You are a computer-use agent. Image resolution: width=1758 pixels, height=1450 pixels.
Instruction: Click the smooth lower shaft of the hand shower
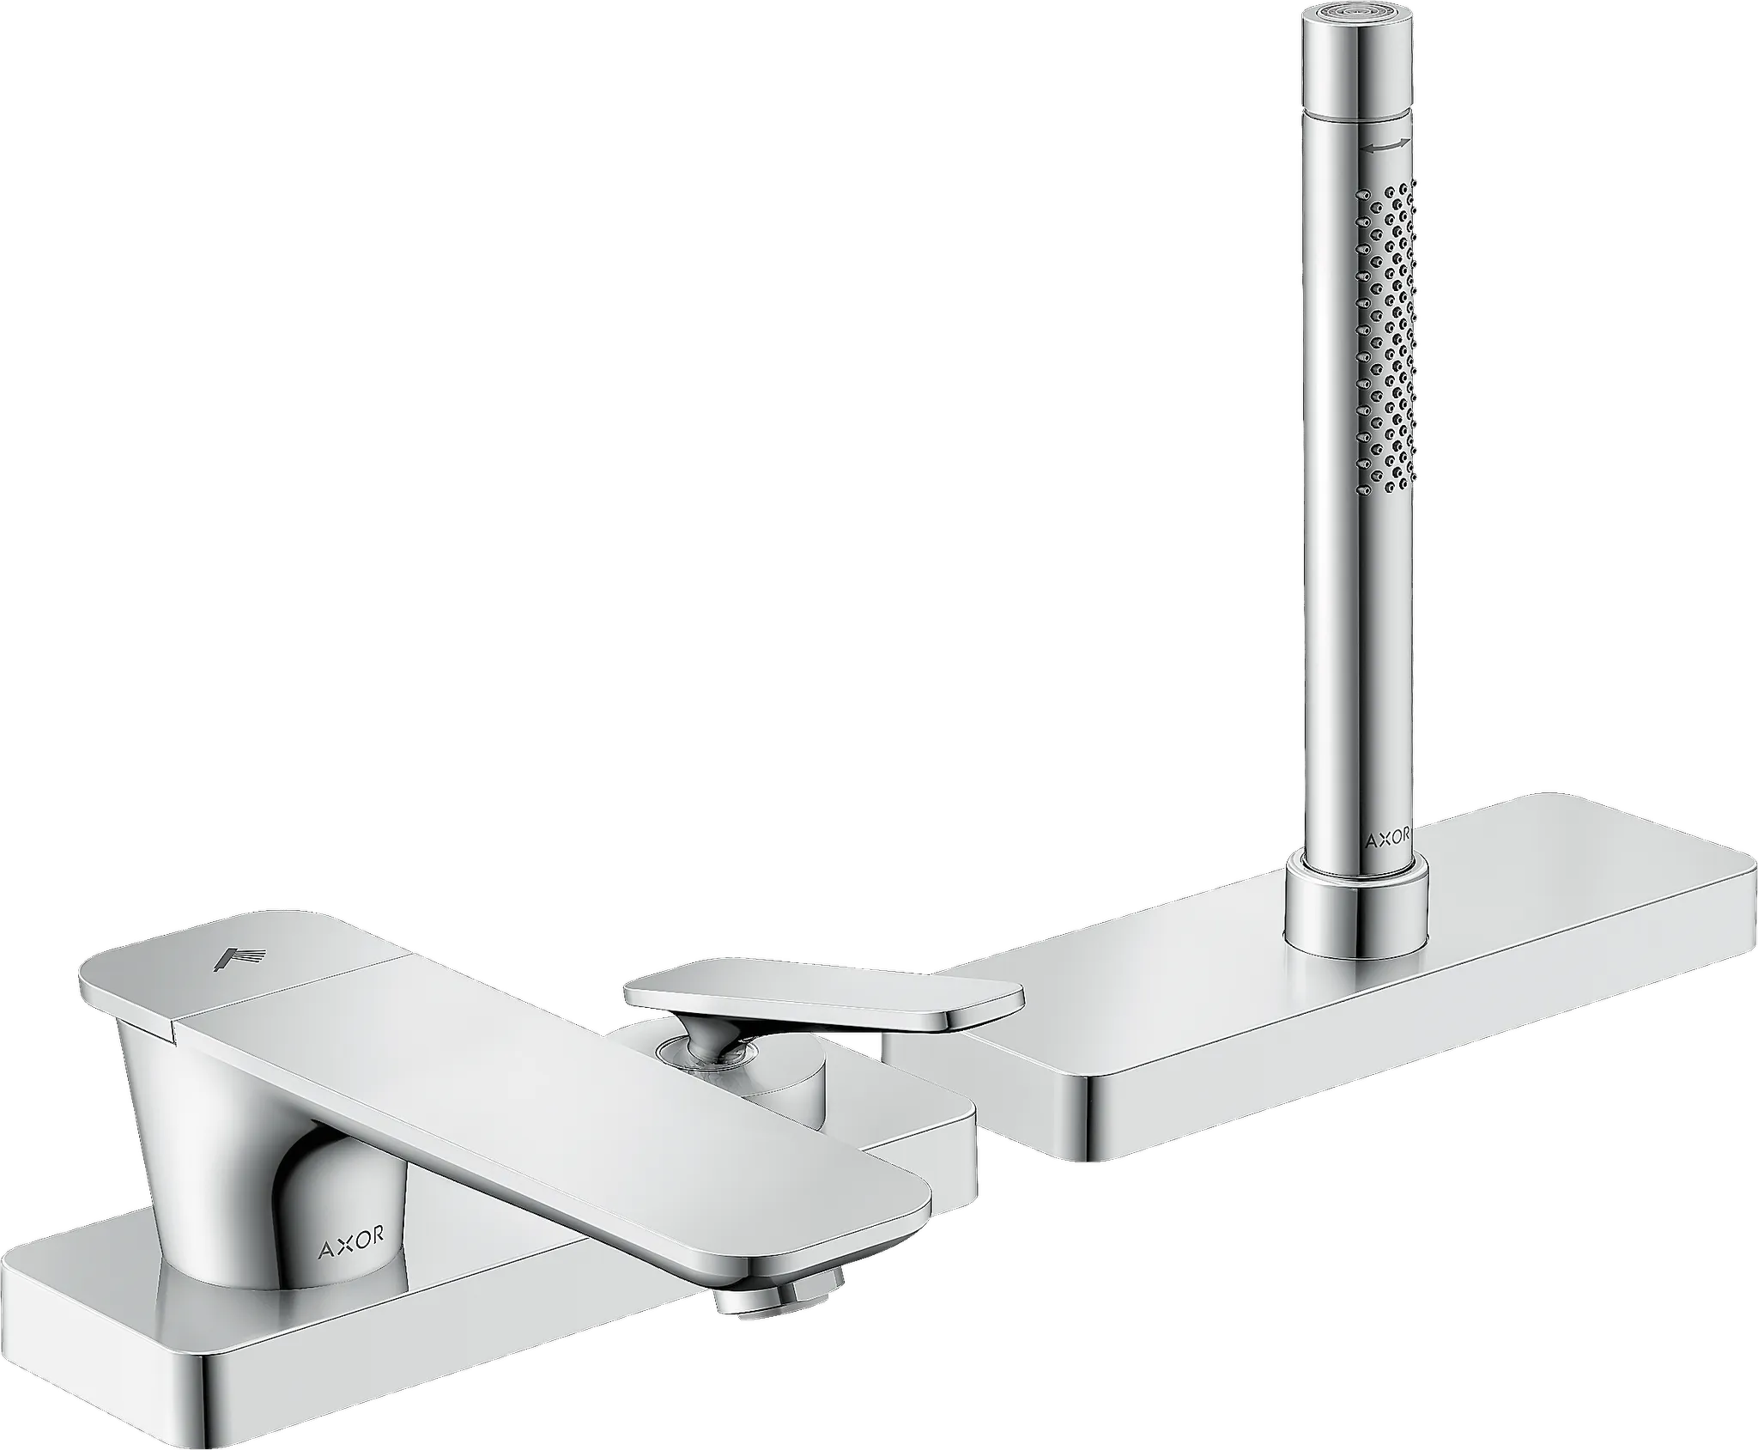(x=1348, y=687)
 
